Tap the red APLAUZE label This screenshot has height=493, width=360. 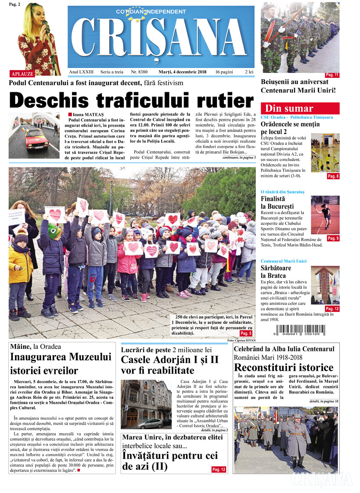[x=22, y=73]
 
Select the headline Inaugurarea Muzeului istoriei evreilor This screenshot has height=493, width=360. [x=61, y=363]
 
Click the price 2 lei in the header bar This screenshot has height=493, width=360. [x=249, y=72]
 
